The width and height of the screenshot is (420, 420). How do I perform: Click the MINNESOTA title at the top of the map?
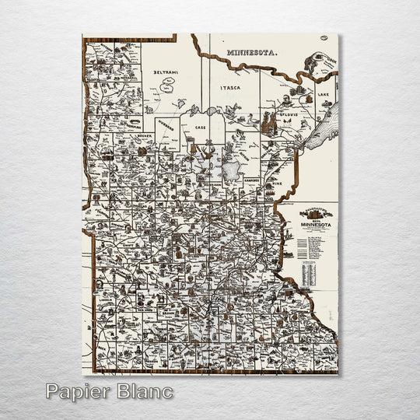click(x=252, y=52)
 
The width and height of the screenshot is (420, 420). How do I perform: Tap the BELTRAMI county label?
click(x=165, y=72)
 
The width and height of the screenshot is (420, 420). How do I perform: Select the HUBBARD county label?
click(x=166, y=124)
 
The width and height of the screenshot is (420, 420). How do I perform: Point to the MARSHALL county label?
click(x=109, y=79)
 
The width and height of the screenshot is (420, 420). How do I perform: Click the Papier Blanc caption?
click(x=109, y=390)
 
